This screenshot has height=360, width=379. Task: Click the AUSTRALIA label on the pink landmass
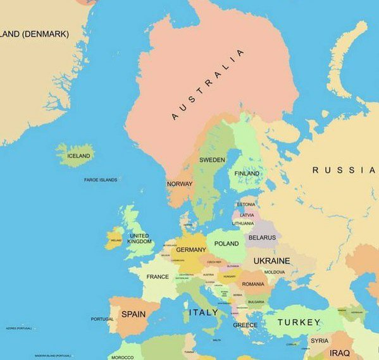click(208, 84)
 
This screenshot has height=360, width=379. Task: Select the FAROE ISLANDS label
click(101, 180)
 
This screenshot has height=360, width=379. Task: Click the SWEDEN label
click(212, 160)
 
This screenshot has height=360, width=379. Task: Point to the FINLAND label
click(247, 173)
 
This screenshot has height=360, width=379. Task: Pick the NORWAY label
click(179, 184)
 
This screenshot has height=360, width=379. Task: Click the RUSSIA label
click(343, 170)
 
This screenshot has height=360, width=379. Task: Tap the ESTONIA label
click(246, 204)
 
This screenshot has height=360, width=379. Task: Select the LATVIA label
click(247, 214)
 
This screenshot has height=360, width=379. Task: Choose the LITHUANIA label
click(243, 223)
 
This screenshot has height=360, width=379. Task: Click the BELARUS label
click(262, 238)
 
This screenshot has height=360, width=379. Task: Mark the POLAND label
click(227, 244)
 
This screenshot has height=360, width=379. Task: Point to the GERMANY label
click(191, 250)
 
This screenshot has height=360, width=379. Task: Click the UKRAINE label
click(271, 261)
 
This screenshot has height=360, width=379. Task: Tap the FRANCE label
click(158, 276)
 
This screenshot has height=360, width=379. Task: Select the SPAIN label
click(133, 314)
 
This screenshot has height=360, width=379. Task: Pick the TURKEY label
click(299, 322)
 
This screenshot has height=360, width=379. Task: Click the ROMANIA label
click(253, 284)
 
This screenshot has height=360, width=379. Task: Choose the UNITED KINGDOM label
click(140, 239)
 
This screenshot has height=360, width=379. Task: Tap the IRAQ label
click(339, 352)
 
